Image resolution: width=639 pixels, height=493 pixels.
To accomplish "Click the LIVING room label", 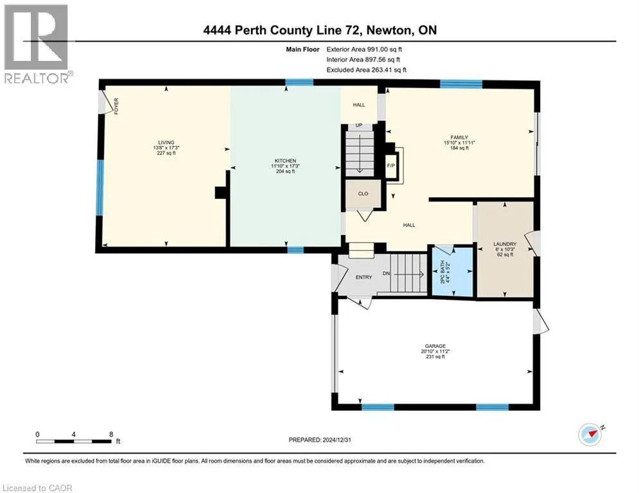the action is click(x=166, y=143).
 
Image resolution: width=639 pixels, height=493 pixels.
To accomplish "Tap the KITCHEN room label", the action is click(x=285, y=161).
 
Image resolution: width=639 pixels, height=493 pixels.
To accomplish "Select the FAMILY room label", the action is click(x=459, y=137).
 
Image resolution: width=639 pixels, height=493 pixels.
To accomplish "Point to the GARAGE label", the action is click(x=435, y=346).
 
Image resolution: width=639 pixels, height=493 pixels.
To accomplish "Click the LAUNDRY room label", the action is click(x=505, y=244).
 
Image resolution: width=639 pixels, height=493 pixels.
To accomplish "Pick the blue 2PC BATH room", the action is click(x=452, y=271).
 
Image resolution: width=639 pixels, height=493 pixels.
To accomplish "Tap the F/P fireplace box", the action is click(x=391, y=166).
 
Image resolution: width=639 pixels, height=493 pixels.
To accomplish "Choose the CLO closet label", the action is click(x=363, y=193).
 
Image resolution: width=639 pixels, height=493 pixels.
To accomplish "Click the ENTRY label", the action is click(x=364, y=277).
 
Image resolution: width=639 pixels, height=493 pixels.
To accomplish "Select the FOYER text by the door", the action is click(x=116, y=106).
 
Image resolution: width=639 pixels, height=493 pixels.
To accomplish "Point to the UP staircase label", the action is click(x=359, y=125).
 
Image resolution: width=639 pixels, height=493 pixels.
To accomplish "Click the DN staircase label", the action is click(x=386, y=273).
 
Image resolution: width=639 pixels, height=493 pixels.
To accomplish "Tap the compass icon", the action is click(x=590, y=435).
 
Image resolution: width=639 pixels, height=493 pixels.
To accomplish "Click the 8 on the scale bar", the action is click(x=111, y=435).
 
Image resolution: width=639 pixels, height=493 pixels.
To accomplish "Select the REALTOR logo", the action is click(x=37, y=44).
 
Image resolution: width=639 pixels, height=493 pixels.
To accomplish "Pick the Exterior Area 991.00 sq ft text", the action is click(x=364, y=49).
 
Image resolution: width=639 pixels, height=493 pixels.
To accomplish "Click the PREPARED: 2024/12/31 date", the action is click(x=320, y=440).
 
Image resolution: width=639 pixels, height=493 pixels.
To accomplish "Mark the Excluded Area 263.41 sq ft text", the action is click(x=366, y=70).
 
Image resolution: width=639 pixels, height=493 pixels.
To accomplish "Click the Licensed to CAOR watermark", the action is click(x=37, y=488).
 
